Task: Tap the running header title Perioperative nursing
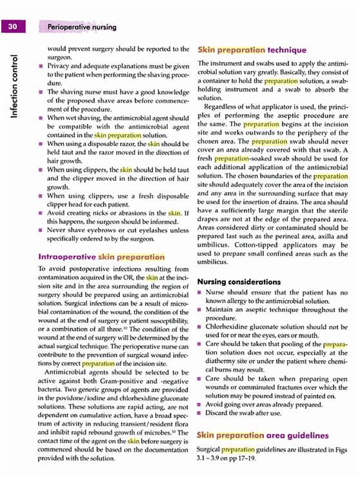click(82, 27)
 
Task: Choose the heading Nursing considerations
click(240, 282)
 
